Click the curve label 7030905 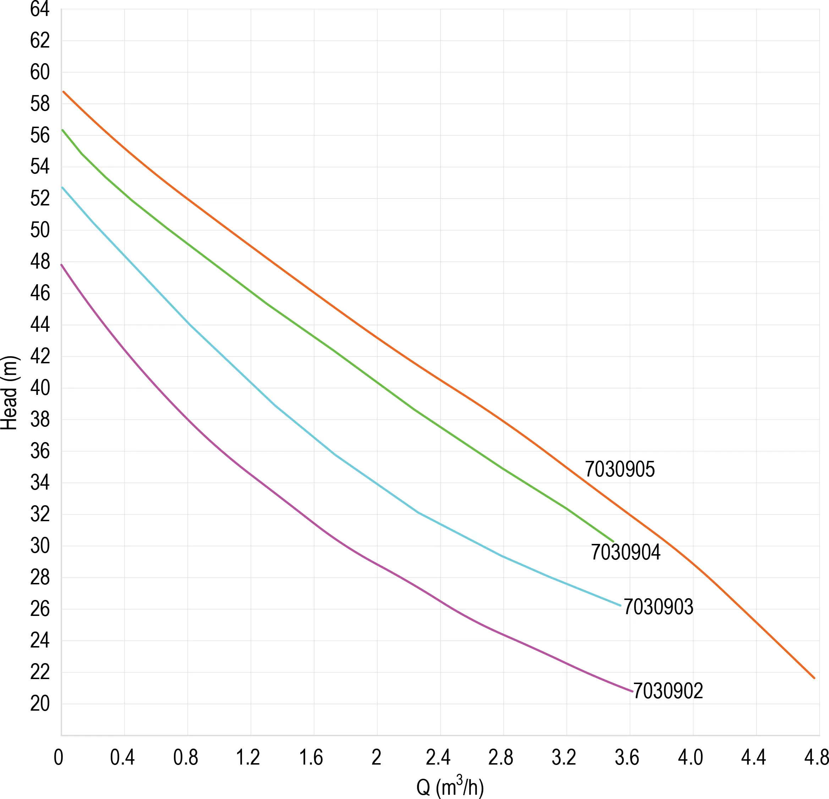coord(620,469)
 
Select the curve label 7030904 coord(625,552)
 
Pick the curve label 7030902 coord(668,691)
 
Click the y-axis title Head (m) coord(9,393)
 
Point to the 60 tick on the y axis coord(40,72)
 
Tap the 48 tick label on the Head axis coord(40,262)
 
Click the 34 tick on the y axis coord(40,483)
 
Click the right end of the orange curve coord(814,678)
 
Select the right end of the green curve coord(613,541)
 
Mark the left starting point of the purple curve coord(62,265)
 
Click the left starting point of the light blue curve coord(62,187)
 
